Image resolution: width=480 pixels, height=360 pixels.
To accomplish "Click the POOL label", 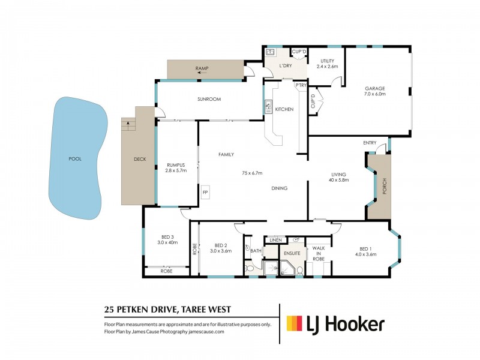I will click(x=74, y=159).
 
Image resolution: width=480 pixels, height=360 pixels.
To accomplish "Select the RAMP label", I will click(x=202, y=69).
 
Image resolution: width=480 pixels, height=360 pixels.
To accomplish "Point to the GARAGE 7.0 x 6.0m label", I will click(x=375, y=91).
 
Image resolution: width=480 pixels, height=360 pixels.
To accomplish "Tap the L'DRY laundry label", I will click(x=284, y=65).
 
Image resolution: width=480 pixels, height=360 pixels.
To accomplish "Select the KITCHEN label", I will click(x=284, y=109).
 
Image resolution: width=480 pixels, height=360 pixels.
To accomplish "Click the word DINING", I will click(x=279, y=188).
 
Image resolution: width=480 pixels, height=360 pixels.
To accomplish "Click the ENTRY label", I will click(x=370, y=143).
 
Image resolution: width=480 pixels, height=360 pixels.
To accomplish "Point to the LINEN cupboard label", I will click(x=277, y=240).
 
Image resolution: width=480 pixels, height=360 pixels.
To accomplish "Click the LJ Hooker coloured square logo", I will click(x=293, y=324).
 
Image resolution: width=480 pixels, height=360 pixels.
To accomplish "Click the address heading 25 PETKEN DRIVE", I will click(x=142, y=310).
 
